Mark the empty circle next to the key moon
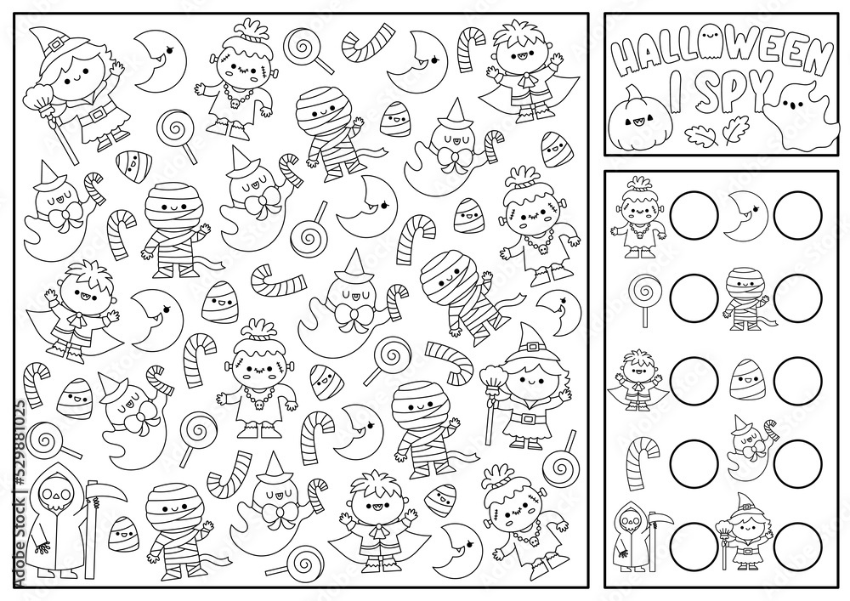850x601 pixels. [x=798, y=215]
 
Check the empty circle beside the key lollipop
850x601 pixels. [x=694, y=298]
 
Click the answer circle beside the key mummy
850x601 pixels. [x=798, y=298]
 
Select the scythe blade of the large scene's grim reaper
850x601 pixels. [x=112, y=490]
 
